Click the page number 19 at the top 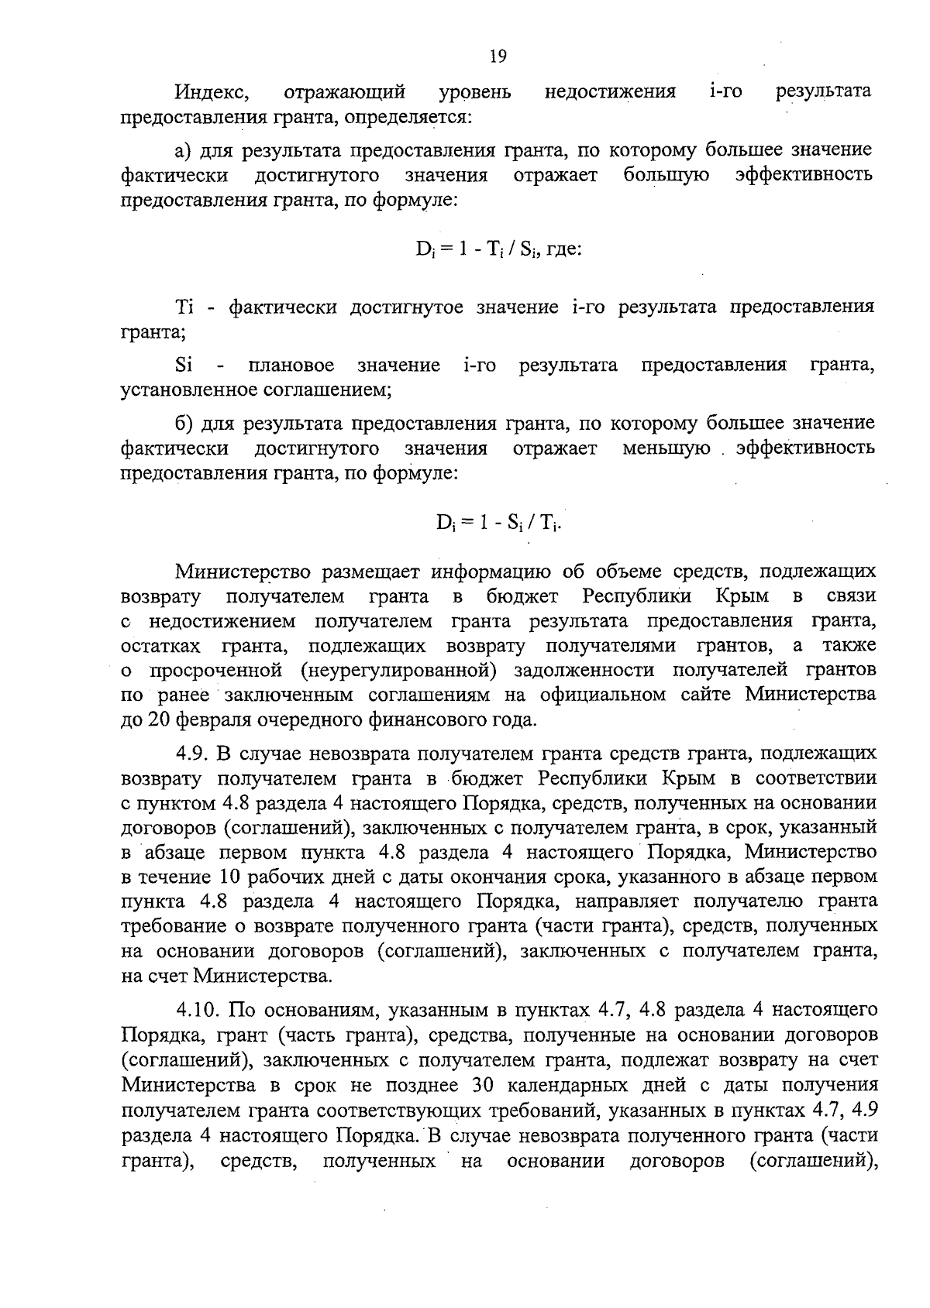498,56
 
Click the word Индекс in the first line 211,92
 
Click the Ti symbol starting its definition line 184,307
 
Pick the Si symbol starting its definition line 184,365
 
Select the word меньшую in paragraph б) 666,448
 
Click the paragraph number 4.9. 191,754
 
